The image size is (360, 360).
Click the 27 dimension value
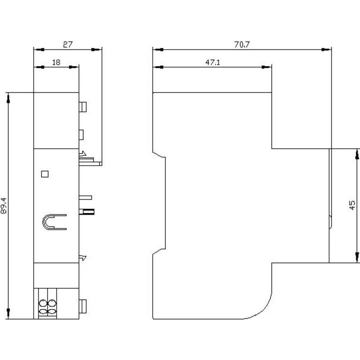(x=68, y=45)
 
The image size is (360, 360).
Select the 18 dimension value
(x=56, y=62)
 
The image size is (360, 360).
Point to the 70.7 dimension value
(x=241, y=45)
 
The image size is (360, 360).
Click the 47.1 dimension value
(x=213, y=62)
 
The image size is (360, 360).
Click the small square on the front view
(x=45, y=174)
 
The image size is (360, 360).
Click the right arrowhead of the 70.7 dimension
(x=327, y=49)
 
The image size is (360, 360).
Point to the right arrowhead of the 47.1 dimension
(x=267, y=67)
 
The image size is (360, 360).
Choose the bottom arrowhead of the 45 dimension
(x=357, y=257)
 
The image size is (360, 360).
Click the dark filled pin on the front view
(x=89, y=211)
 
